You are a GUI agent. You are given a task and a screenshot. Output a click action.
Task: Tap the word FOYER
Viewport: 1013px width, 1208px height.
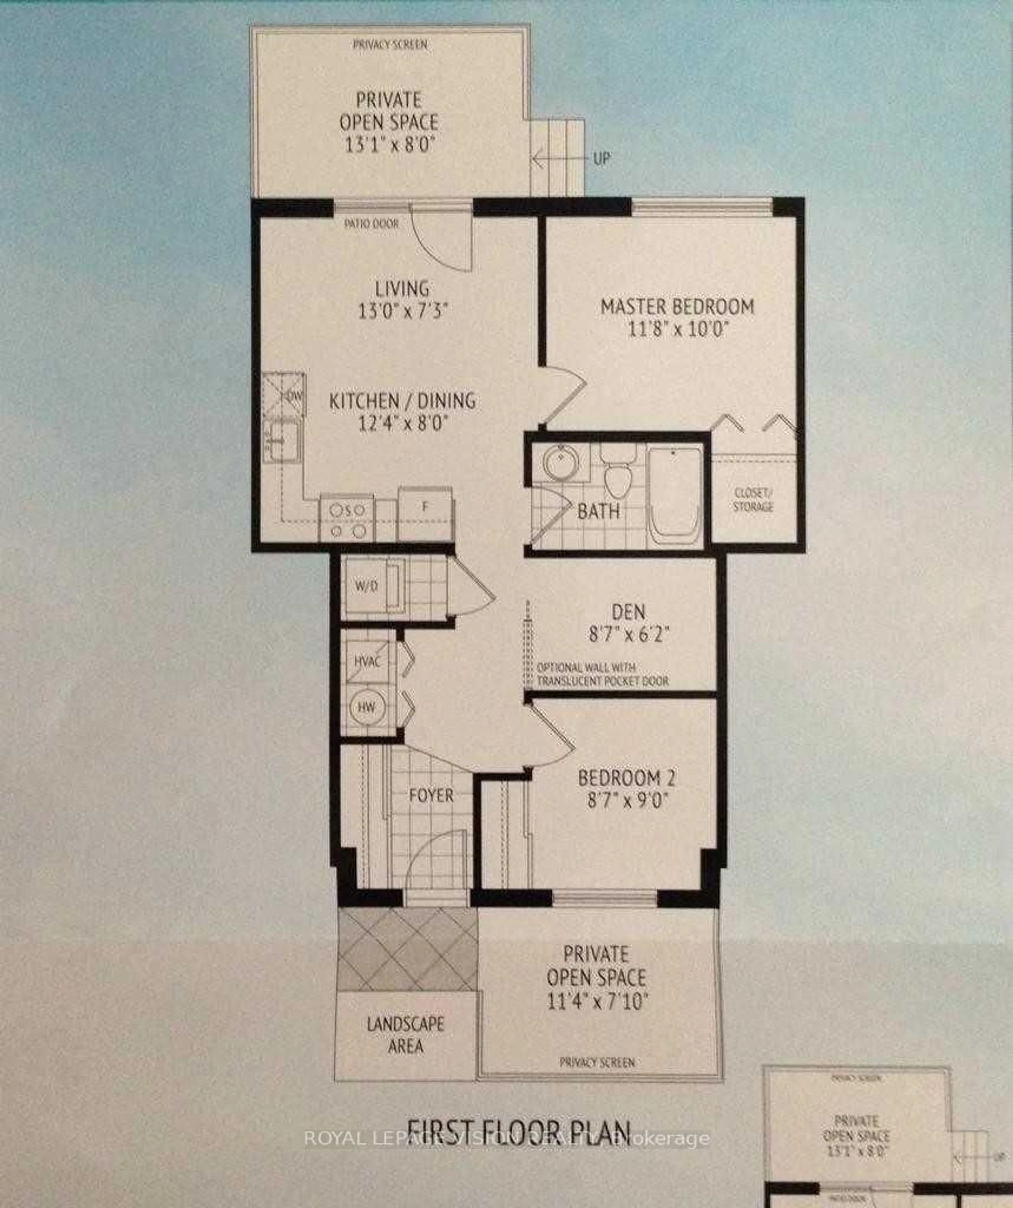tap(431, 796)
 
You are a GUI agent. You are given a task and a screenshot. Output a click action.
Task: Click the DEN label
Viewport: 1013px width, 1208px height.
tap(629, 611)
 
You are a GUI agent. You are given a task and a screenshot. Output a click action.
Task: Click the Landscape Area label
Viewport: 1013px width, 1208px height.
tap(405, 1035)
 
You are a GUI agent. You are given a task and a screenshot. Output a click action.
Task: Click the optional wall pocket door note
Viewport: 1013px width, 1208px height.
tap(602, 674)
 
